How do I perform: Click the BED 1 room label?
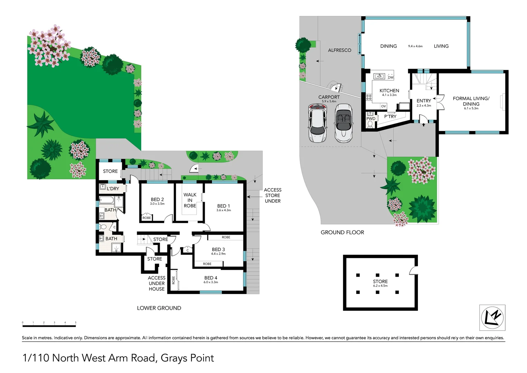coord(223,206)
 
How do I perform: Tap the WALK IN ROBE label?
coord(190,200)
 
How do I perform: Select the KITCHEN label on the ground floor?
coord(389,90)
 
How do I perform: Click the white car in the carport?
coord(318,123)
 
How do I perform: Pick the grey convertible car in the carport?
coord(343,123)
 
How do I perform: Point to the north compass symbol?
coord(492,317)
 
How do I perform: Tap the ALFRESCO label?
coord(339,50)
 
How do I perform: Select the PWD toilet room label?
coord(371,118)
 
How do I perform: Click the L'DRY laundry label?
coord(113,189)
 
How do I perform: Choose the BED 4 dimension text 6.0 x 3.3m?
coord(211,282)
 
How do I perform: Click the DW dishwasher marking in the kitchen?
coord(390,77)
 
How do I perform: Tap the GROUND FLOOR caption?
coord(342,232)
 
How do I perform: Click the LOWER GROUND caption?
coord(159,308)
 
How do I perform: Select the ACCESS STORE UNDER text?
coord(272,195)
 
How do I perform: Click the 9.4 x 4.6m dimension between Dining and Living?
coord(415,46)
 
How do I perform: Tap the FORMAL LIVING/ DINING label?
coord(471,101)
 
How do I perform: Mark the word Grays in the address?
coord(174,358)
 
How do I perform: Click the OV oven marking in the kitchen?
coord(383,106)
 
